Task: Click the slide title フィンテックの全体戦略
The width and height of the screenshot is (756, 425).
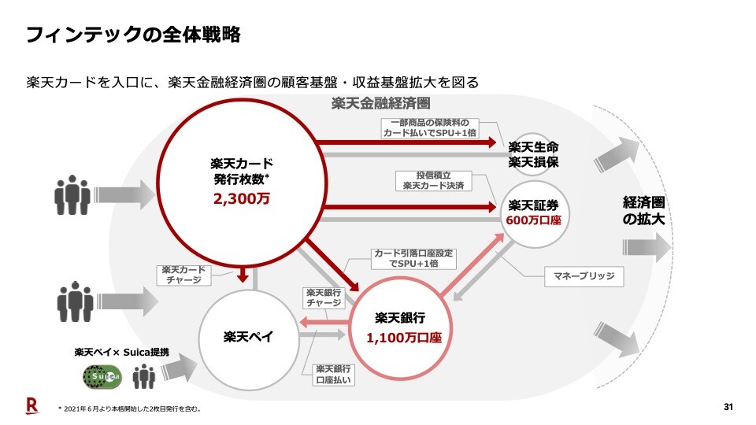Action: coord(133,35)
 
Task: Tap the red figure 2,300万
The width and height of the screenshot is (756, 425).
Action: coord(241,199)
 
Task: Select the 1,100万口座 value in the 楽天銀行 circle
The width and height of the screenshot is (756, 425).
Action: coord(403,338)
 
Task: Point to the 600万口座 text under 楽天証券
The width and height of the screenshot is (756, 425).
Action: coord(533,221)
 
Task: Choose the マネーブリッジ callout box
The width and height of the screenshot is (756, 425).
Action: coord(584,276)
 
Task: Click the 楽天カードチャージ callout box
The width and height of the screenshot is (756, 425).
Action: coord(183,275)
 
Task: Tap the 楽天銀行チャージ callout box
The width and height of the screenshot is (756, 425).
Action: coord(323,297)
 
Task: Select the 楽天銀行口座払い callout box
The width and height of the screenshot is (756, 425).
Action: coord(333,374)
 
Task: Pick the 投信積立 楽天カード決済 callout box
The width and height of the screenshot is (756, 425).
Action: coord(432,180)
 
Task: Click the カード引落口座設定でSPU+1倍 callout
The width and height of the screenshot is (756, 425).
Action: coord(414,258)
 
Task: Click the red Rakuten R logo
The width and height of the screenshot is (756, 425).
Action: coord(31,405)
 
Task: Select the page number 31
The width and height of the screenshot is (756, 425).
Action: coord(728,407)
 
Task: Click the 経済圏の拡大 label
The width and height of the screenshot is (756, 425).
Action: coord(643,211)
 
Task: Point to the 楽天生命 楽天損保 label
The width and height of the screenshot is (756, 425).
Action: coord(533,153)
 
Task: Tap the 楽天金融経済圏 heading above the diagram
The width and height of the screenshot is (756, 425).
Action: coord(380,104)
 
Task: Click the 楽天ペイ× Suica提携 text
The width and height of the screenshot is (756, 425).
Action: coord(121,352)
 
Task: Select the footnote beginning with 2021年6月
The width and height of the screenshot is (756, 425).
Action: coord(131,408)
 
